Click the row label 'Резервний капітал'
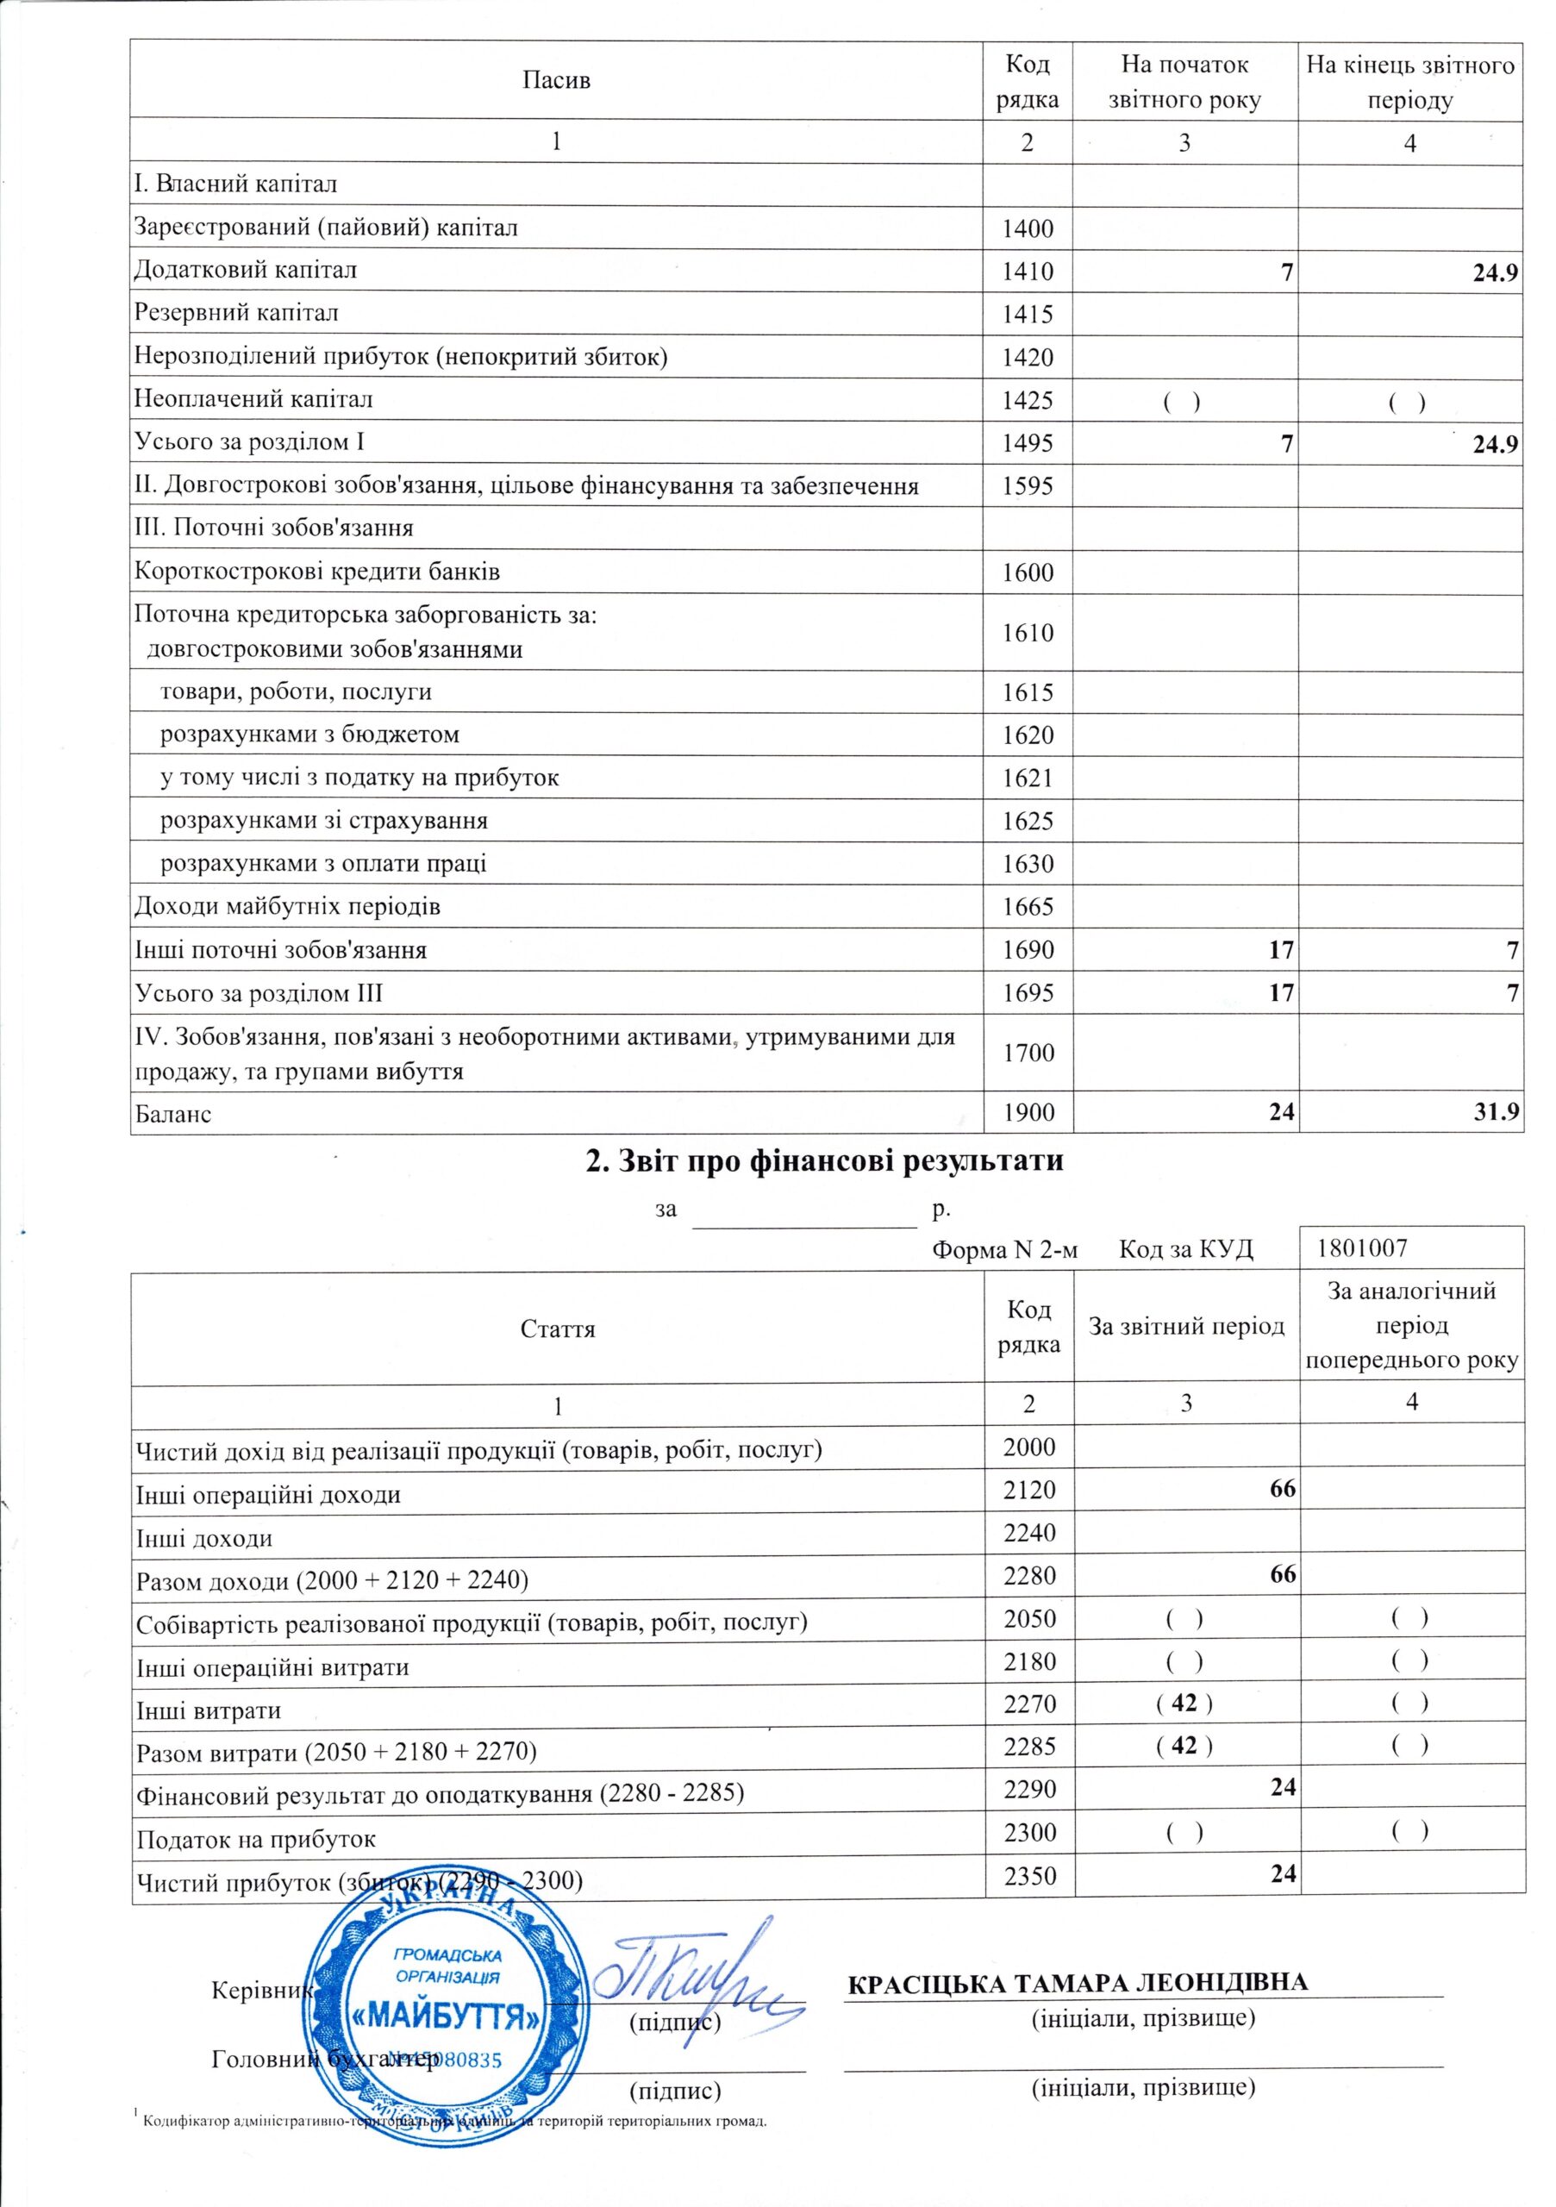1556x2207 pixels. (x=236, y=313)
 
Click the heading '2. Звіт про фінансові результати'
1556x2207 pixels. (x=826, y=1161)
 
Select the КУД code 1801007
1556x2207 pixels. (x=1363, y=1248)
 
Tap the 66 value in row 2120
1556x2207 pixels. (x=1282, y=1489)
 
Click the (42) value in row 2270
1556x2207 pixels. (x=1185, y=1704)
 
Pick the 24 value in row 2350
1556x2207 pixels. (x=1283, y=1873)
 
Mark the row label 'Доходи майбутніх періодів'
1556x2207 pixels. (x=287, y=906)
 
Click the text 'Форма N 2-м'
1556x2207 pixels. (x=1005, y=1249)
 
